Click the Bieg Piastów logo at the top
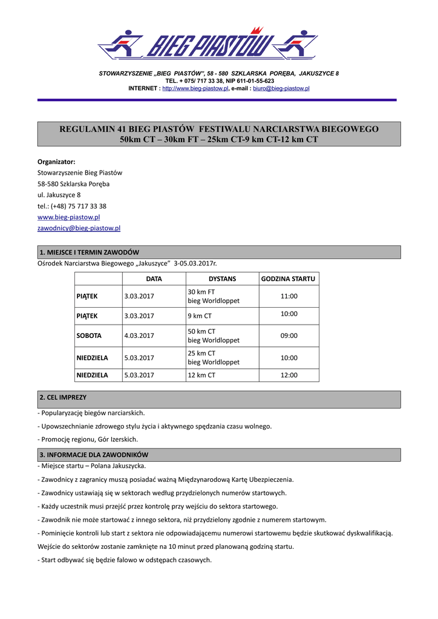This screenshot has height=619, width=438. pos(208,44)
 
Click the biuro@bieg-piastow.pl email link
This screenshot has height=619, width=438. pos(281,88)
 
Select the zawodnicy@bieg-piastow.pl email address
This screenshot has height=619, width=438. pos(79,228)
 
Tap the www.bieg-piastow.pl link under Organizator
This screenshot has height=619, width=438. pos(68,217)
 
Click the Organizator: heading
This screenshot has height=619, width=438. pos(56,162)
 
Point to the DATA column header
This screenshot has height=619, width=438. pos(154,279)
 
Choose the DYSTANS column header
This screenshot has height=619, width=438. pos(222,279)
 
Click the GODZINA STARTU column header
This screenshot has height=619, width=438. pos(288,279)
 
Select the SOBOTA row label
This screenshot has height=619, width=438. pos(89,335)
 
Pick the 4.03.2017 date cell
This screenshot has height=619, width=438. pos(139,335)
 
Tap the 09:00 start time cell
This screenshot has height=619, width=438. pos(289,335)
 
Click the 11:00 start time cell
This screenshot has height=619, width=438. pos(289,296)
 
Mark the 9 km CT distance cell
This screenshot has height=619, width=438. pos(200,316)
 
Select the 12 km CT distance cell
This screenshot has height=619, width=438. pos(201,375)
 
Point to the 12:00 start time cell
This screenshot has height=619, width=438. pos(289,375)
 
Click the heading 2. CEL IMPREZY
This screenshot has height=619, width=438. pos(63,398)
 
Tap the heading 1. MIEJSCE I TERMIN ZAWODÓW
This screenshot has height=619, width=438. pos(89,252)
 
